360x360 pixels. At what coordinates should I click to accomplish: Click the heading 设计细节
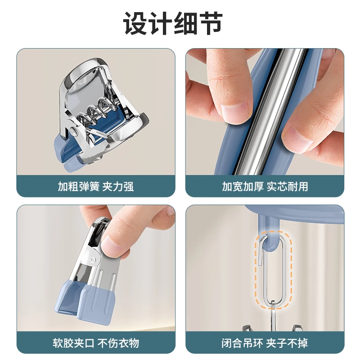(180, 23)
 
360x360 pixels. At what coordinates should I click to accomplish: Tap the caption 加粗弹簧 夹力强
(95, 186)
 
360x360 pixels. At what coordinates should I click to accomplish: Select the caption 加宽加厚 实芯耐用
(265, 186)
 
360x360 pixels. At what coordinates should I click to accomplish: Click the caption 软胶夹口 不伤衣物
(95, 343)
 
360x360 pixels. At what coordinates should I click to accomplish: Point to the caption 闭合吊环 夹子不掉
(265, 343)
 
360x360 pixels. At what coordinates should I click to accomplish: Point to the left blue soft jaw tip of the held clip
(71, 297)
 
